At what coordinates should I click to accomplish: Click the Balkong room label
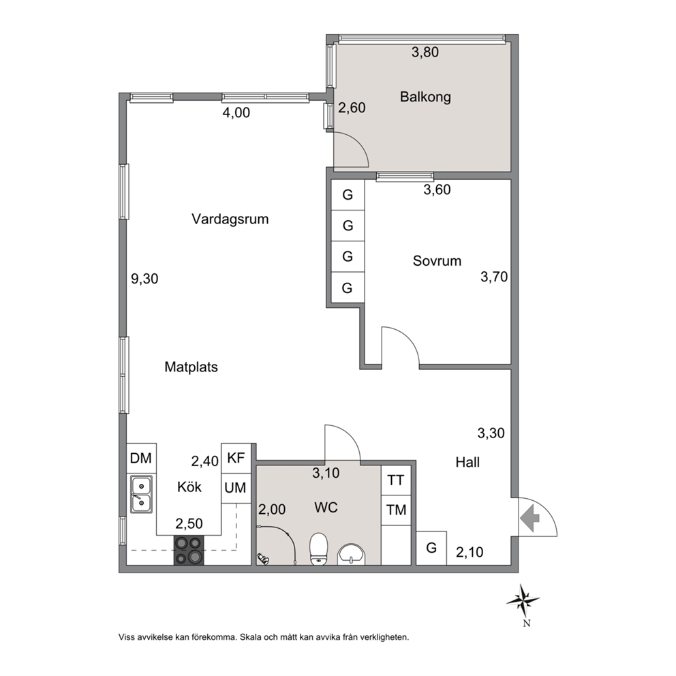point(425,97)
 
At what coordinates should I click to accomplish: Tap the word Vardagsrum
point(230,219)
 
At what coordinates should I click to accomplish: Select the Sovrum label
point(437,261)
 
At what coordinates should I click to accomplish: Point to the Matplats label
point(191,367)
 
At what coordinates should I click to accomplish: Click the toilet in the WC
point(319,549)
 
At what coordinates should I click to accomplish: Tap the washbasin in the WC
point(351,554)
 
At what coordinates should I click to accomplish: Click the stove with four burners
point(189,550)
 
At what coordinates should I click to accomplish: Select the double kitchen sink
point(142,495)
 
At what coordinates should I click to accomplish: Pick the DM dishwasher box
point(142,458)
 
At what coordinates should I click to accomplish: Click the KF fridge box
point(236,458)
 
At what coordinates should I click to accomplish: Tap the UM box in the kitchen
point(236,488)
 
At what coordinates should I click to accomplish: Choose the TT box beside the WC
point(396,480)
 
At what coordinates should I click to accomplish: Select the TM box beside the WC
point(396,510)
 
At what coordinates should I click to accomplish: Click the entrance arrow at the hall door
point(530,517)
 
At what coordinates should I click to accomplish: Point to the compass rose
point(523,600)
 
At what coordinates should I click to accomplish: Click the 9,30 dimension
point(144,279)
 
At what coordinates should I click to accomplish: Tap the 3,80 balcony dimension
point(425,52)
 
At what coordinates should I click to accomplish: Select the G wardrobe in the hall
point(431,548)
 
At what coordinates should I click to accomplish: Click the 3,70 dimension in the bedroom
point(494,277)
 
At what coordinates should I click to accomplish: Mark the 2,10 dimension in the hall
point(470,552)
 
